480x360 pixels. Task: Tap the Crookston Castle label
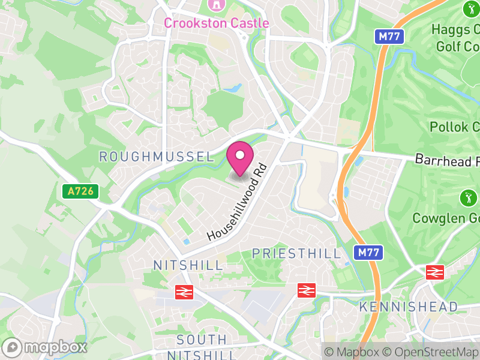(x=217, y=23)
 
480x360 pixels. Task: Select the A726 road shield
(x=80, y=192)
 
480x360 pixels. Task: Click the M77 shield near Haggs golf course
(x=391, y=37)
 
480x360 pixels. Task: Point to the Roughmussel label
(x=156, y=157)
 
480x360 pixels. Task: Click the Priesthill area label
(x=296, y=253)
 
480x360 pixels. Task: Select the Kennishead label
(x=408, y=307)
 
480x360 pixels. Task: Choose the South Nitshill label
(x=202, y=347)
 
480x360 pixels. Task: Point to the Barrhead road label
(x=447, y=160)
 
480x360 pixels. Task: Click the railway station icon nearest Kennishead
(x=434, y=272)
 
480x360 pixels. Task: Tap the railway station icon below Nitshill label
(x=184, y=292)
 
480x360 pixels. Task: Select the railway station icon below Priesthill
(x=307, y=290)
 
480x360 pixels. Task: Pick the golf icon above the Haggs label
(x=470, y=8)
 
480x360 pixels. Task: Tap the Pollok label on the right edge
(x=455, y=127)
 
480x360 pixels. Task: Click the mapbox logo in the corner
(x=45, y=347)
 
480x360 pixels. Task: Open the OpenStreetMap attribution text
(x=431, y=352)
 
